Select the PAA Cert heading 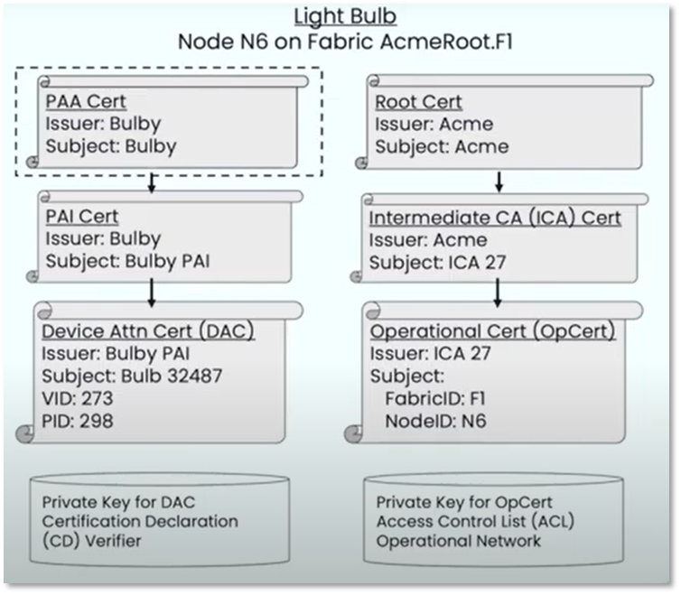point(87,101)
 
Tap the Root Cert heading point(418,101)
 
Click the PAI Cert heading point(82,216)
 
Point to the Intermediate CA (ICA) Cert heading point(495,218)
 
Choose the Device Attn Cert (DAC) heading point(148,331)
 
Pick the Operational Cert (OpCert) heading point(493,331)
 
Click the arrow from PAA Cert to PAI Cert point(152,181)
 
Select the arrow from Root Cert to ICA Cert point(498,181)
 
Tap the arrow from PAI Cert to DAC point(152,292)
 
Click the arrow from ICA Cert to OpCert point(498,292)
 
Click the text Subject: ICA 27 point(431,262)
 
